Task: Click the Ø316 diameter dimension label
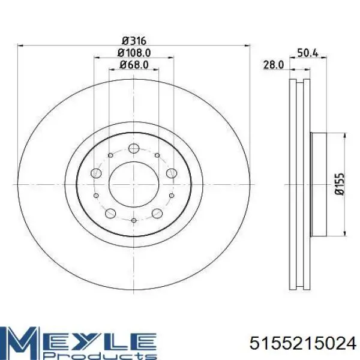(x=134, y=41)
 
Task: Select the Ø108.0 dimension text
(x=134, y=53)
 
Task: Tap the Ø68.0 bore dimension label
(x=134, y=65)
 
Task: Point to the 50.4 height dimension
(x=308, y=53)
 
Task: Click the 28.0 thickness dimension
(x=274, y=65)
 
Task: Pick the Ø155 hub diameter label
(x=340, y=184)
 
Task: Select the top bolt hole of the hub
(x=134, y=148)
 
